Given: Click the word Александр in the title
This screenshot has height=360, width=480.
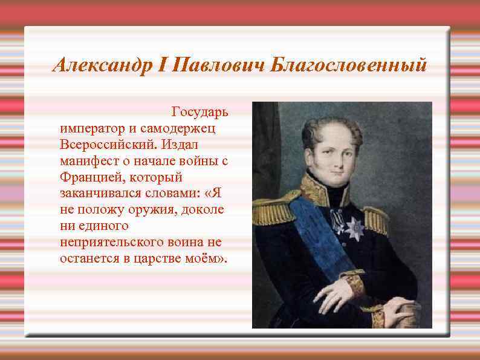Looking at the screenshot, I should [x=100, y=65].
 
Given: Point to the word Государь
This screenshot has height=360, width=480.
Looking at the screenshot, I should [x=199, y=113].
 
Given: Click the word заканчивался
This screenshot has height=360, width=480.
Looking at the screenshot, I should [x=100, y=194].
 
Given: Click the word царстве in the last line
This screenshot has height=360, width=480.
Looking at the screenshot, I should [x=169, y=259].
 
